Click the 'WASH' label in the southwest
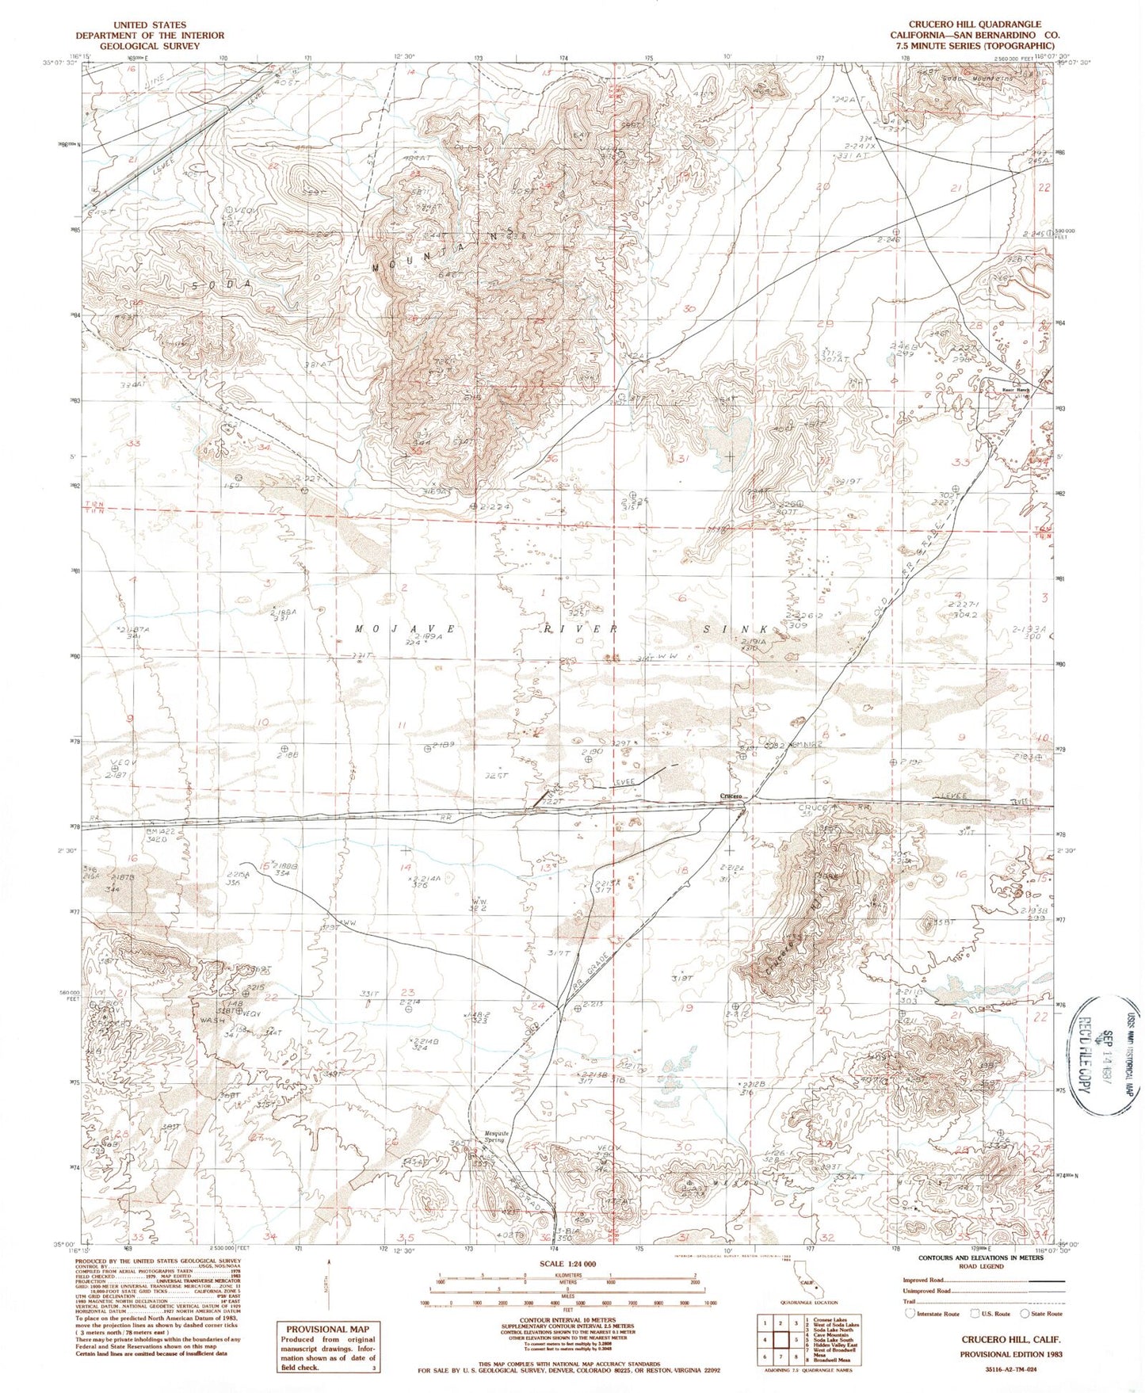pyautogui.click(x=208, y=1020)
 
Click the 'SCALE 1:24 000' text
pyautogui.click(x=567, y=1286)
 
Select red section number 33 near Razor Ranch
pyautogui.click(x=961, y=462)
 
